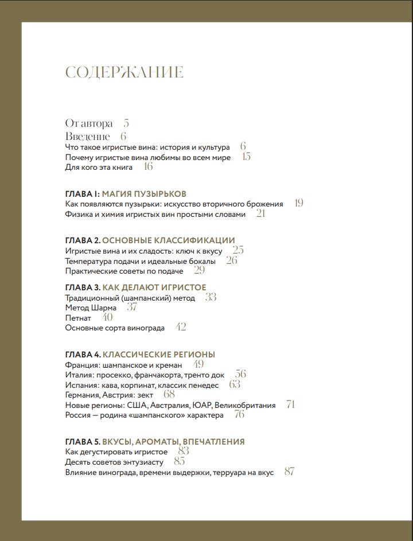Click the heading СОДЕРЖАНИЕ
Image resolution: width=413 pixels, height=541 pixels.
pyautogui.click(x=124, y=72)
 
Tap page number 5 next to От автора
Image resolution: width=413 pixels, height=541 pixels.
pyautogui.click(x=126, y=123)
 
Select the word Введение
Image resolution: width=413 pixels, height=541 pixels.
pyautogui.click(x=87, y=137)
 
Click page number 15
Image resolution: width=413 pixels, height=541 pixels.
pyautogui.click(x=246, y=157)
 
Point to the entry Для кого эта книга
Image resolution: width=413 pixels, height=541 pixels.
pyautogui.click(x=99, y=168)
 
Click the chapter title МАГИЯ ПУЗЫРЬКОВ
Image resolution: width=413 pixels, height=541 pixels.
pyautogui.click(x=148, y=194)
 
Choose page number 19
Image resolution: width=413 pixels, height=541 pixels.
pyautogui.click(x=298, y=203)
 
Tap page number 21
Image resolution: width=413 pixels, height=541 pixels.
pyautogui.click(x=260, y=214)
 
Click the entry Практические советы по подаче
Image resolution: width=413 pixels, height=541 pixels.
pyautogui.click(x=124, y=271)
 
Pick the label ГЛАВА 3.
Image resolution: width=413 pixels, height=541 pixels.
pyautogui.click(x=83, y=287)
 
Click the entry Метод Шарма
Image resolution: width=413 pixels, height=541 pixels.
pyautogui.click(x=91, y=308)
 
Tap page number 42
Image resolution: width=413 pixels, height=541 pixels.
pyautogui.click(x=181, y=328)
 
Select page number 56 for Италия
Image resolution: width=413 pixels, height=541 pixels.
pyautogui.click(x=240, y=374)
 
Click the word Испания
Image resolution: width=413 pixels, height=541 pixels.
pyautogui.click(x=80, y=385)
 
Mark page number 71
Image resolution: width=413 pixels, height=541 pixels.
pyautogui.click(x=291, y=404)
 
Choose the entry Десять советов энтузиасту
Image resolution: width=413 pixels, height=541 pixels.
pyautogui.click(x=115, y=462)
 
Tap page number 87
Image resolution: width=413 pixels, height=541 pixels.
pyautogui.click(x=289, y=472)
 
